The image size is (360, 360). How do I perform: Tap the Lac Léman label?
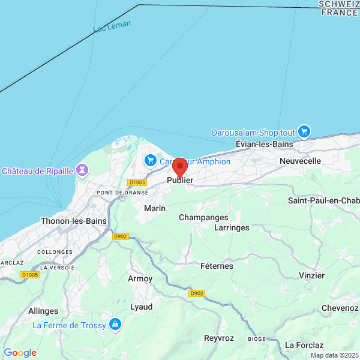coord(112,27)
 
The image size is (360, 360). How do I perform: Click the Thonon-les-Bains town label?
coord(73,221)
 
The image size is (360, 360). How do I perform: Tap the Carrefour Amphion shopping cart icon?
coord(150,161)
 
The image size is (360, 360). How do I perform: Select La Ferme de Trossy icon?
coord(115,325)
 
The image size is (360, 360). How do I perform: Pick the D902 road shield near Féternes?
coord(196,293)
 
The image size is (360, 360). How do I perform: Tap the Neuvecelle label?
coord(300,161)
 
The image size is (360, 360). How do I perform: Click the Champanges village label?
coord(203,217)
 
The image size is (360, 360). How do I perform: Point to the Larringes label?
coord(232,228)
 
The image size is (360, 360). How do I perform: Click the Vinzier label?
coord(311,275)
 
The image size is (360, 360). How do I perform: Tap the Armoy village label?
coord(140,279)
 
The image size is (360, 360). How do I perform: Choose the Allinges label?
coord(43,311)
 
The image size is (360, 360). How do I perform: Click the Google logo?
coord(20,353)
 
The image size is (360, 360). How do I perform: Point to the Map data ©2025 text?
coord(334,355)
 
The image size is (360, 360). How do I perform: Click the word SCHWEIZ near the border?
coord(339,4)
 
